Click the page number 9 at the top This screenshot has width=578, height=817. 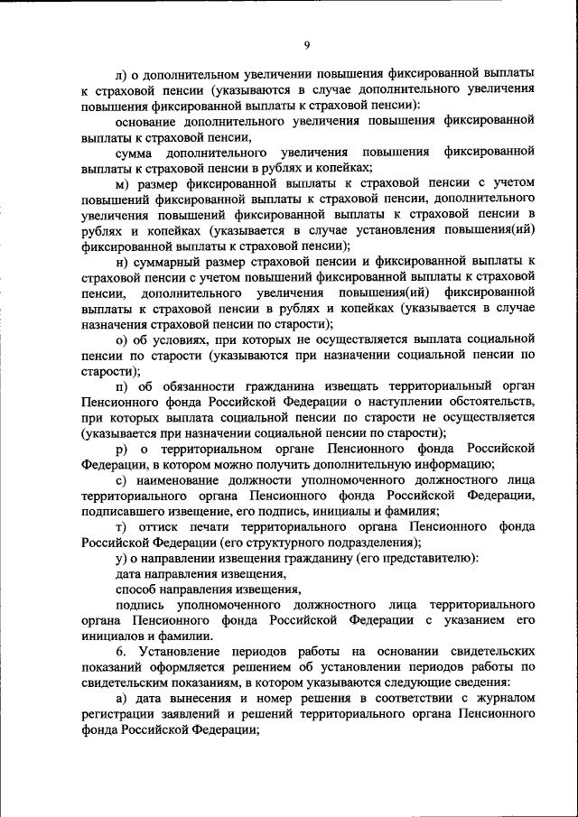pyautogui.click(x=306, y=46)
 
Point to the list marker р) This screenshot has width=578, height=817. pyautogui.click(x=122, y=448)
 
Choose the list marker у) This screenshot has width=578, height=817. pyautogui.click(x=122, y=559)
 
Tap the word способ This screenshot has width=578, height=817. pyautogui.click(x=136, y=590)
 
